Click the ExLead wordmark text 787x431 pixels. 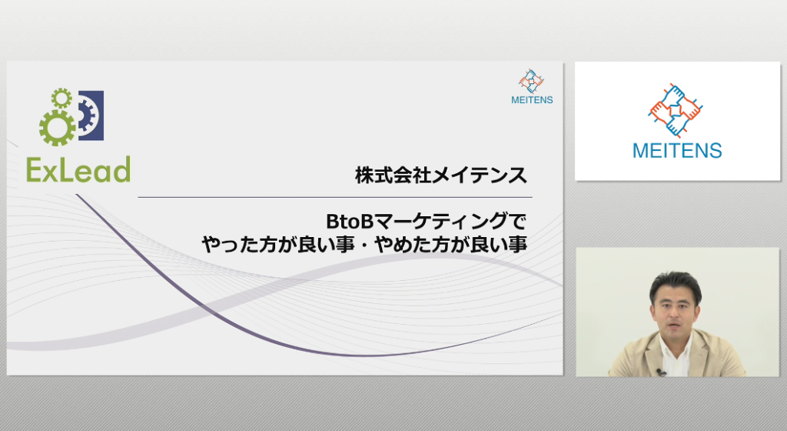click(x=79, y=169)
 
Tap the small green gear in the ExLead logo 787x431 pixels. click(x=61, y=98)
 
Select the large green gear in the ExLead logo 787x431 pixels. click(x=58, y=128)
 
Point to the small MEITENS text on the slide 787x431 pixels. click(x=532, y=100)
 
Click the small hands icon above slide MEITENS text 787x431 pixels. click(x=531, y=82)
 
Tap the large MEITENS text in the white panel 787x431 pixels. click(x=677, y=150)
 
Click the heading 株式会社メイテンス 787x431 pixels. click(x=441, y=175)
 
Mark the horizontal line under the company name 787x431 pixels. click(x=335, y=198)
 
